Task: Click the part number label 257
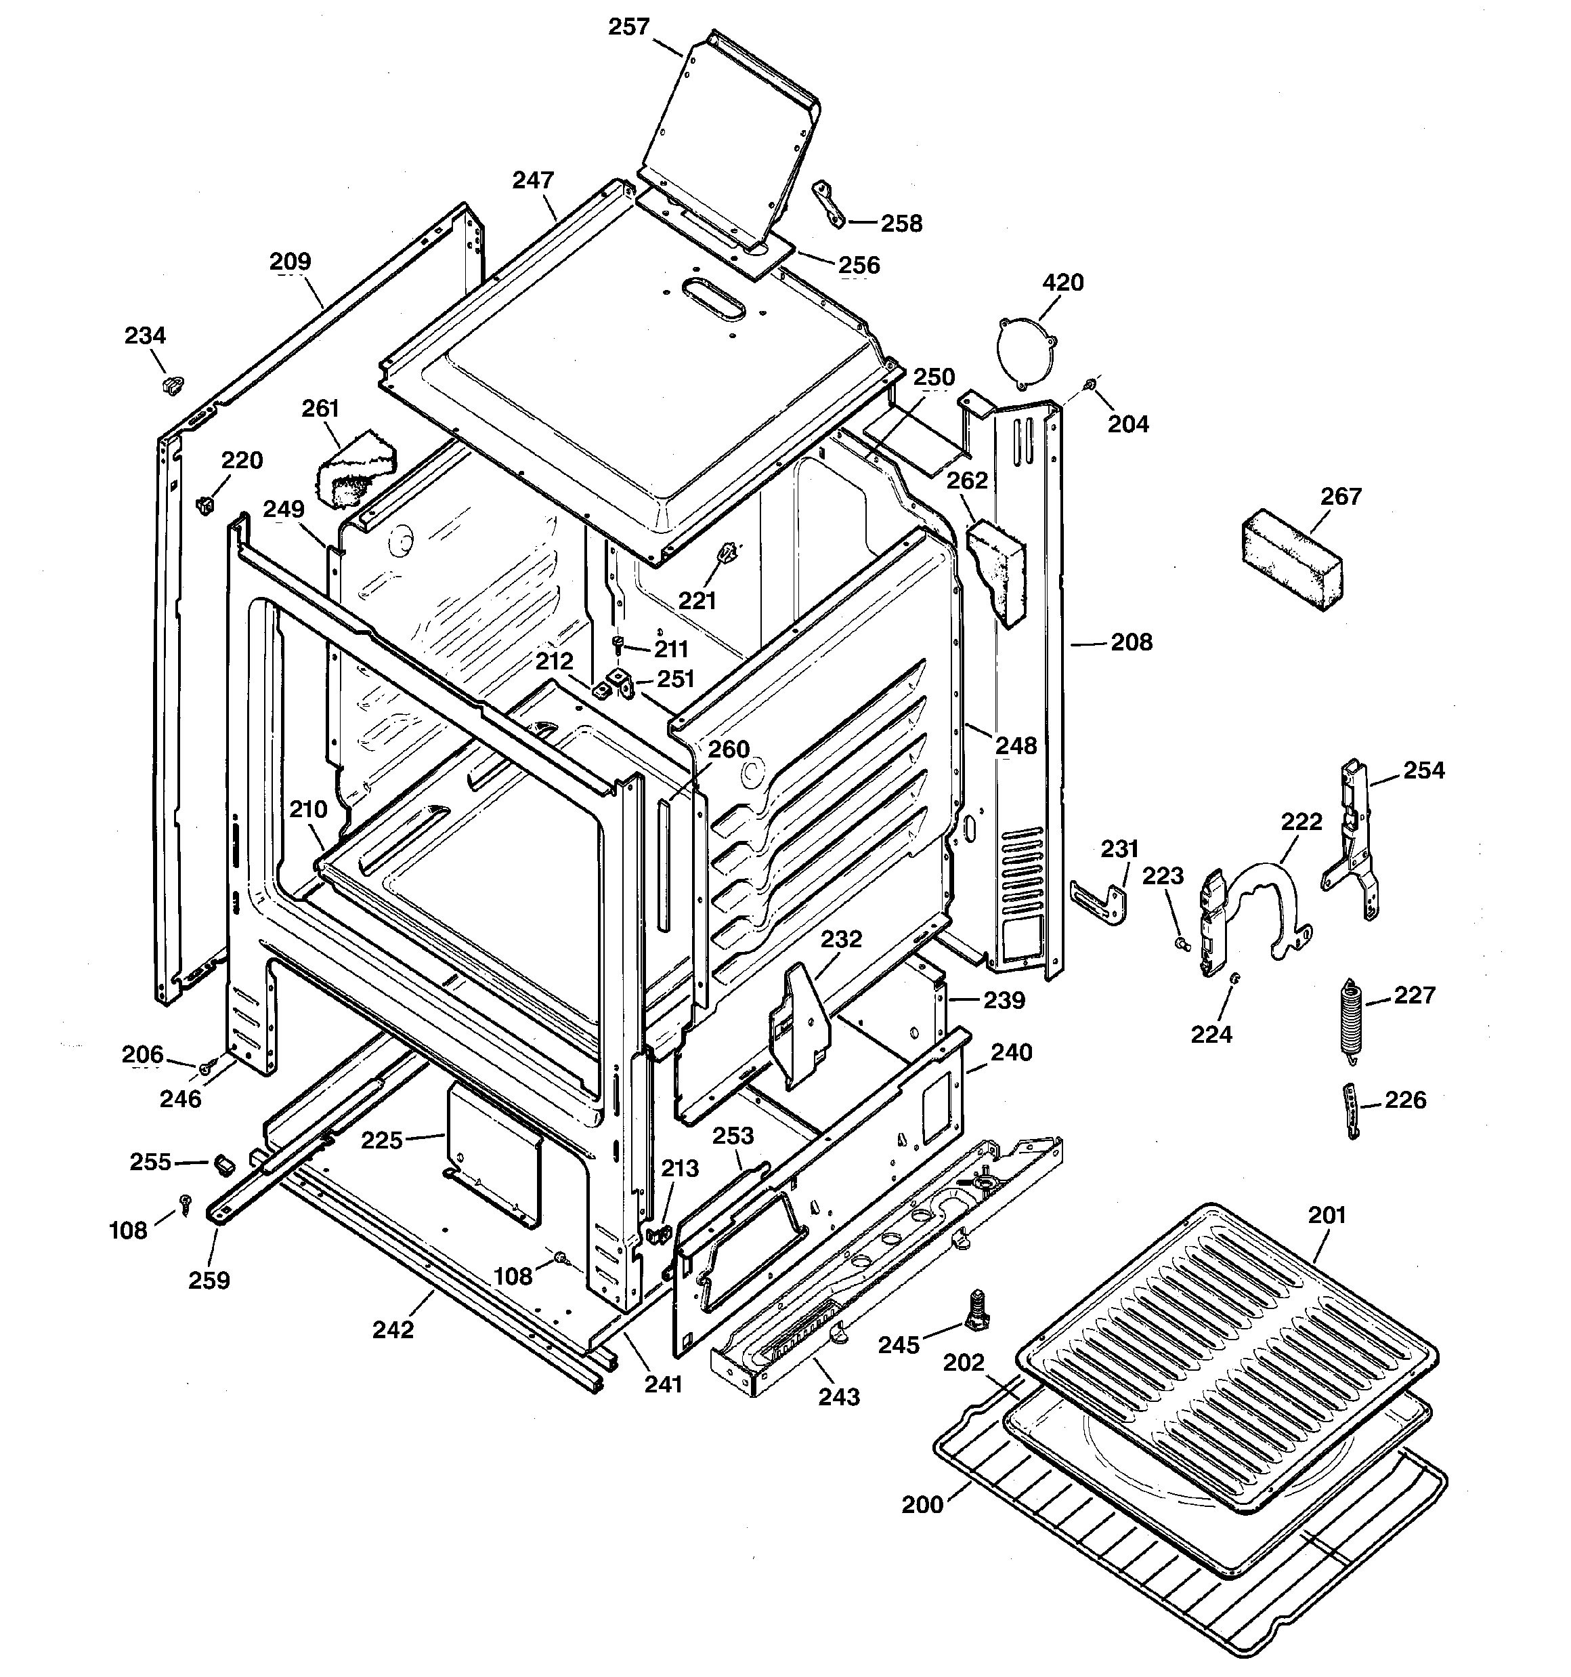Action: (x=628, y=27)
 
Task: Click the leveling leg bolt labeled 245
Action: (x=978, y=1312)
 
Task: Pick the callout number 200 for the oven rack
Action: (x=922, y=1505)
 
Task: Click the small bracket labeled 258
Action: (x=826, y=203)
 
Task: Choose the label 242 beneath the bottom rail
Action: (x=393, y=1329)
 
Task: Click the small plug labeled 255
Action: (x=224, y=1164)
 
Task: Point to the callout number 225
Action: (x=381, y=1140)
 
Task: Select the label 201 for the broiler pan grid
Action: (x=1327, y=1216)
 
